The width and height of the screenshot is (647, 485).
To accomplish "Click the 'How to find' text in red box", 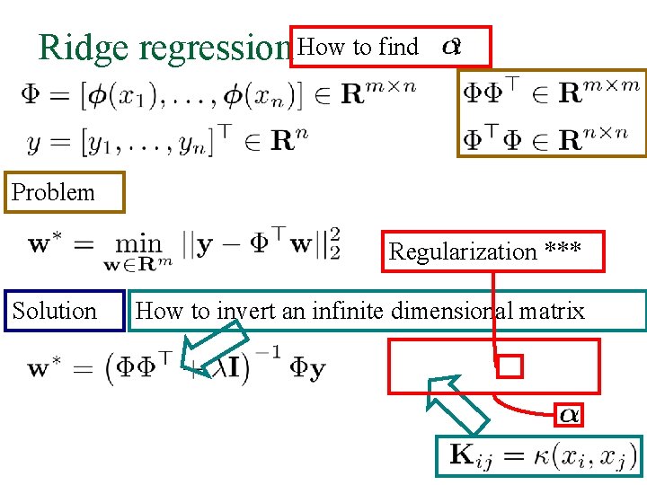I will click(358, 47).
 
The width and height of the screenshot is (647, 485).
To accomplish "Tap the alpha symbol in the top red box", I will click(452, 47).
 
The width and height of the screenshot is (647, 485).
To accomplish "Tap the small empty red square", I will click(510, 366).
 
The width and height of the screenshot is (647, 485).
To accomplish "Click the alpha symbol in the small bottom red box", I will click(570, 414).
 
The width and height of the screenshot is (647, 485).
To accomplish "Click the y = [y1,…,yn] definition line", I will click(161, 137).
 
